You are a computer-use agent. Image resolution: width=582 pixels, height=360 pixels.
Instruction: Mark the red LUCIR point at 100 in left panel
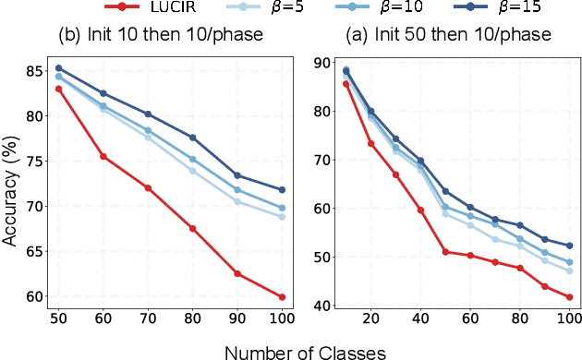[x=281, y=297]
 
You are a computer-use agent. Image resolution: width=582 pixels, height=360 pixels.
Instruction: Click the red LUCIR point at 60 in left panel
[x=103, y=157]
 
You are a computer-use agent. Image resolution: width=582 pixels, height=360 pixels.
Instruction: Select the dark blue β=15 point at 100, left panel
[x=281, y=190]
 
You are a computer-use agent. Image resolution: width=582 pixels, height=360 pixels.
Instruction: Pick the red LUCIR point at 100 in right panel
[x=568, y=297]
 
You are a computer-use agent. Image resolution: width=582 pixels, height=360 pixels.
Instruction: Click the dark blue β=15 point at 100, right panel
[x=568, y=246]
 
